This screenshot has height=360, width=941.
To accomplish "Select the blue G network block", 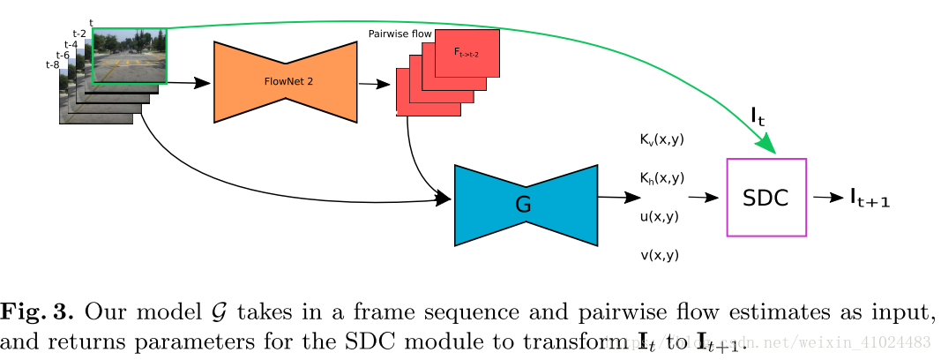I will pyautogui.click(x=525, y=205).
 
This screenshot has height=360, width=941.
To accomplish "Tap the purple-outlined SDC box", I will pyautogui.click(x=765, y=198).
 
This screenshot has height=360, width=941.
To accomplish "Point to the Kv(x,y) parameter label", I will pyautogui.click(x=661, y=139).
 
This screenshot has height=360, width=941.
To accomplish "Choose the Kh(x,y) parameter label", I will pyautogui.click(x=661, y=178).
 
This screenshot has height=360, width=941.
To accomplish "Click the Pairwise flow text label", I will pyautogui.click(x=400, y=34).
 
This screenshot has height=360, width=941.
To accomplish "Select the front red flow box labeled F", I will pyautogui.click(x=467, y=52).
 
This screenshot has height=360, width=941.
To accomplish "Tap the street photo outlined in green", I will pyautogui.click(x=129, y=55).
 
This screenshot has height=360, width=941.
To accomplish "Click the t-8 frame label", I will pyautogui.click(x=51, y=64).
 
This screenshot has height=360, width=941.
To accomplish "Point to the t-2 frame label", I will pyautogui.click(x=79, y=34).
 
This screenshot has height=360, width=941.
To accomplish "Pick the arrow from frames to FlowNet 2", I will pyautogui.click(x=188, y=83).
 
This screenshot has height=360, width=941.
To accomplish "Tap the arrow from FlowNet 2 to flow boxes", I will pyautogui.click(x=374, y=85).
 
